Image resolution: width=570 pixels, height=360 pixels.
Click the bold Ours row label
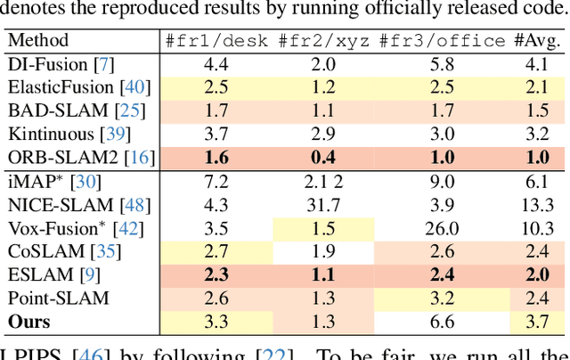(28, 322)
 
